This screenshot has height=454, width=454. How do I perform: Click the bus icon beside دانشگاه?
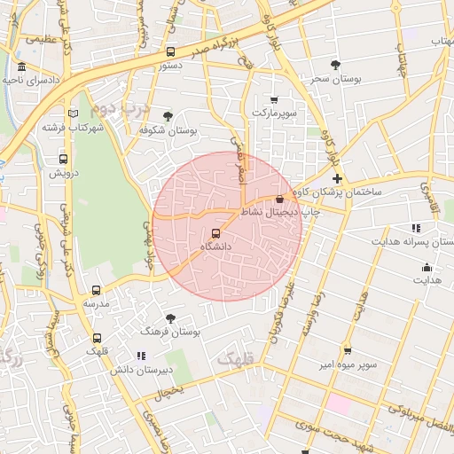coord(215,233)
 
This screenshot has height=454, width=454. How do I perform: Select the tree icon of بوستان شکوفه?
coord(168,115)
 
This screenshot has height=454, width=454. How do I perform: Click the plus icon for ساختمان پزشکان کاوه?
coord(337,178)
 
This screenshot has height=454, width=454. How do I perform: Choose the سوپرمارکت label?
coord(273,113)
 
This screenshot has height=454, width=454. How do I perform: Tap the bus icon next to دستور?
coord(170,51)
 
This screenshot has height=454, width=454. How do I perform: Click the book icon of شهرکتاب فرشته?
coord(73,113)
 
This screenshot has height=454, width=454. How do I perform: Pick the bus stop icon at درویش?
coord(62,160)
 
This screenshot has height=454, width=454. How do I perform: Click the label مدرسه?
coord(96,303)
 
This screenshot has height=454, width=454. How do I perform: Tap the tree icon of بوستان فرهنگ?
coord(170,317)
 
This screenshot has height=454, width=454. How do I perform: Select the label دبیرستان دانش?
coord(139,369)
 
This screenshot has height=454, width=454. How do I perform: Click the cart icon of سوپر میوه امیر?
coord(347,350)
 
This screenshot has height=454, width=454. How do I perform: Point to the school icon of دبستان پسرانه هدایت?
coord(417,229)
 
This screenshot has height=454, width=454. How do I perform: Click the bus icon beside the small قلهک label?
coord(97,338)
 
